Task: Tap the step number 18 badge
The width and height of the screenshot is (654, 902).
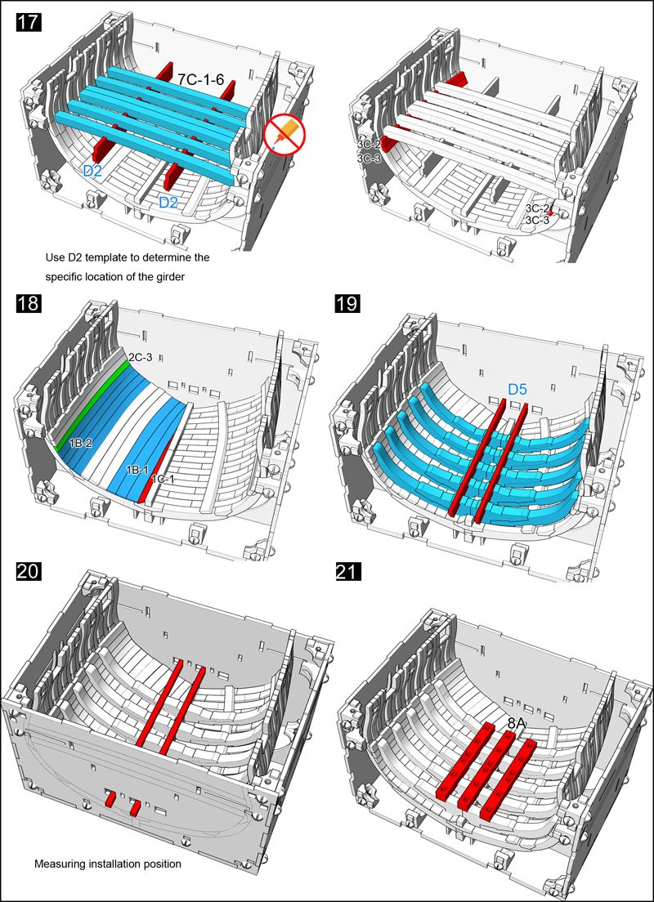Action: tap(28, 305)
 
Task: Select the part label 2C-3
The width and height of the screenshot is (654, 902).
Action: tap(140, 357)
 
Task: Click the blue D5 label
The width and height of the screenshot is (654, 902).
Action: tap(517, 391)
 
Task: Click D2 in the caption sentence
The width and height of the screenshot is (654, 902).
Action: tap(76, 257)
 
